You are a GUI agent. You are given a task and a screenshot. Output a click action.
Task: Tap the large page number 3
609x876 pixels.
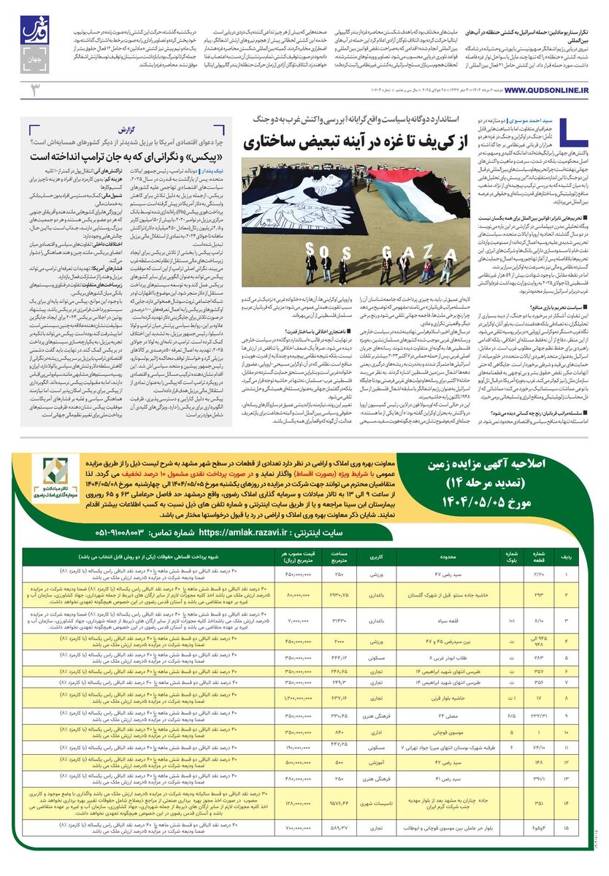(33, 90)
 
